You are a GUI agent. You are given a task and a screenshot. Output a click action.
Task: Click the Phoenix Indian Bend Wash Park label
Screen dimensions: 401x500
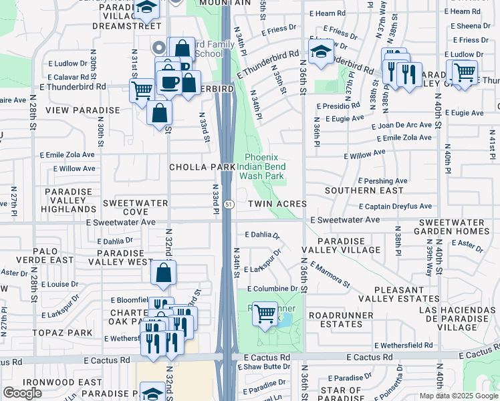tap(261, 166)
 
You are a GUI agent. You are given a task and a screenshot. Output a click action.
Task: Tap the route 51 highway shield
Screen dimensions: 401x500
tap(229, 203)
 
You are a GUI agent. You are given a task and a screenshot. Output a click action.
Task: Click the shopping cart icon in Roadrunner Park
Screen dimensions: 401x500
tap(265, 312)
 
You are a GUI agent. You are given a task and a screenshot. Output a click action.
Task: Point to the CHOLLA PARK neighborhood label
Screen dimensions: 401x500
tap(202, 167)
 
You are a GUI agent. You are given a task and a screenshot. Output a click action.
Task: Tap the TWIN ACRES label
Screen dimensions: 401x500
tap(277, 204)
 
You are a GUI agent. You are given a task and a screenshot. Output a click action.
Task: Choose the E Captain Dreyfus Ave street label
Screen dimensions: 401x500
tap(395, 207)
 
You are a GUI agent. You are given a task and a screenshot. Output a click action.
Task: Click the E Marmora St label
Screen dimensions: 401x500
tap(330, 274)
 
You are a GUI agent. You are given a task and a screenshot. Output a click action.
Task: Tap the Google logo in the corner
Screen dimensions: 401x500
tap(22, 393)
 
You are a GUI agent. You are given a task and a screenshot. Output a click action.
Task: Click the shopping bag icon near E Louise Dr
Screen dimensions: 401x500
tap(164, 273)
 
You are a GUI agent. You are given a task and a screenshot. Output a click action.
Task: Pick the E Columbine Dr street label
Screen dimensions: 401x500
tap(271, 289)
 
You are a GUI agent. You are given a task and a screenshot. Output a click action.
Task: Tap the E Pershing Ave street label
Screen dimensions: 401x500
tap(382, 181)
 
